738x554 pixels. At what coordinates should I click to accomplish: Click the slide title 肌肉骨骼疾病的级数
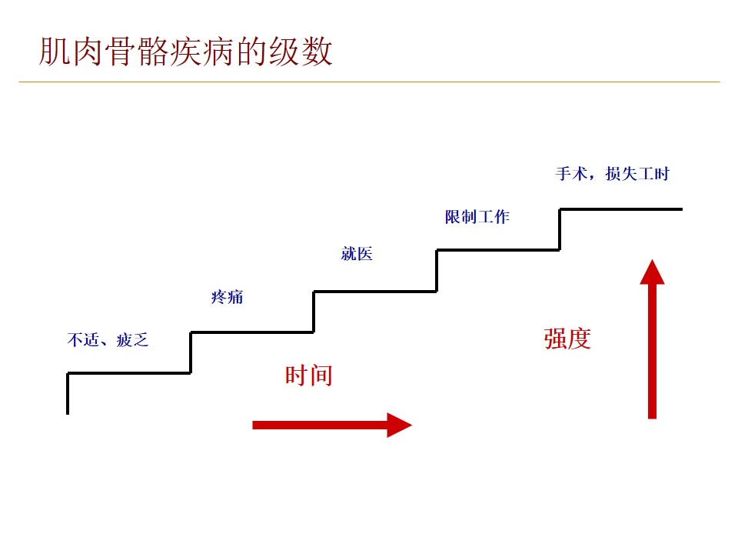186,52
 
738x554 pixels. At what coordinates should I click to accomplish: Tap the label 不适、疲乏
108,339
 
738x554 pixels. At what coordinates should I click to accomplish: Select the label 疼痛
227,297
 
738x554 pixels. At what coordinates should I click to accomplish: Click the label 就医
357,255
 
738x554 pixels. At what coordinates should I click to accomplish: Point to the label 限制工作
477,217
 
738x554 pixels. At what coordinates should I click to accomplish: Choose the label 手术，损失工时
612,174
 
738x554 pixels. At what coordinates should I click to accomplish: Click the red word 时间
308,375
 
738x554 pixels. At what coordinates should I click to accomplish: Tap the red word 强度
567,339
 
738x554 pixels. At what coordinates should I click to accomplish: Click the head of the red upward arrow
652,274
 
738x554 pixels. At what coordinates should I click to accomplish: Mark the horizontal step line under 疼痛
252,332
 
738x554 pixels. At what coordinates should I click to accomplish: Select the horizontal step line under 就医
375,291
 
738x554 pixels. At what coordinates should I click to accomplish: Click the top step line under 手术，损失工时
620,209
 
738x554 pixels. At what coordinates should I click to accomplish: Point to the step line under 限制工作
498,249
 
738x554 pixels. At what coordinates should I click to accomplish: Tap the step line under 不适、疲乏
129,373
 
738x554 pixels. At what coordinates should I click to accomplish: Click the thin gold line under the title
369,82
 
